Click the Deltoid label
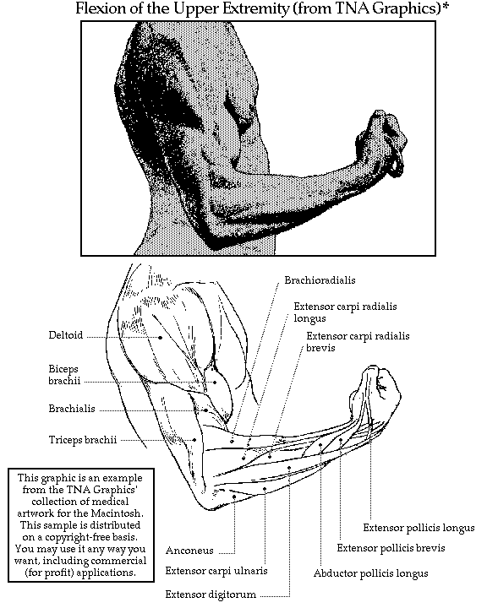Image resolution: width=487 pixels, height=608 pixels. [x=66, y=335]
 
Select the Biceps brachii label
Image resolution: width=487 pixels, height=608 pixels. [x=64, y=375]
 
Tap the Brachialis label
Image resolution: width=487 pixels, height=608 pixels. [x=72, y=409]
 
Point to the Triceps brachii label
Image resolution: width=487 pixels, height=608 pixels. [x=83, y=440]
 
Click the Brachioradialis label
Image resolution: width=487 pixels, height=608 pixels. [x=320, y=280]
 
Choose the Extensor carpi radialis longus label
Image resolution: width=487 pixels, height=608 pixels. [x=345, y=312]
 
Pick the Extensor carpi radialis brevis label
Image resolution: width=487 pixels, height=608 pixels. [x=358, y=342]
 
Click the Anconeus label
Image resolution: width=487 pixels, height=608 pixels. [x=189, y=551]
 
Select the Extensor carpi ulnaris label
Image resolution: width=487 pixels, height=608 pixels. [x=216, y=571]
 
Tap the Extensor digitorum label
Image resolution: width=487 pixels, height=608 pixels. [x=211, y=594]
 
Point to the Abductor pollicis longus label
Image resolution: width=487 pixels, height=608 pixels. [x=371, y=573]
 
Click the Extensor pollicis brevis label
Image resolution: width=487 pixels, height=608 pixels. [x=391, y=548]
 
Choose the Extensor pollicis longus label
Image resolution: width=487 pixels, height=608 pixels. [x=419, y=528]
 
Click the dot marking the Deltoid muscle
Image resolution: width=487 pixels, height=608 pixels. [x=161, y=338]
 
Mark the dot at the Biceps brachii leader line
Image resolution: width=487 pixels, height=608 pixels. [x=215, y=383]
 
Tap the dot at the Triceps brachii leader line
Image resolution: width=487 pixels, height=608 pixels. [x=194, y=440]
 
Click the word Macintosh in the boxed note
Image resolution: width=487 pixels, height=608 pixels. [x=117, y=513]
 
